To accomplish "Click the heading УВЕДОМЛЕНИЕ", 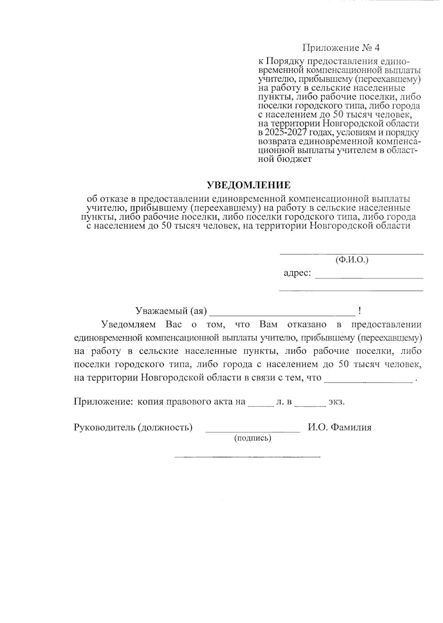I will pos(248,185).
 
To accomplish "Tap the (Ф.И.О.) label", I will pos(352,260).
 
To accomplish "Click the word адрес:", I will pos(297,273).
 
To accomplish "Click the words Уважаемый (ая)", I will pos(171,311).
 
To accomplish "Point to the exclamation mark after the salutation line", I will pos(359,311).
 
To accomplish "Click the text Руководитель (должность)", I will pos(133,427).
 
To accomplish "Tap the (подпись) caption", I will pos(253,438).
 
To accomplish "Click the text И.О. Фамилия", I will pos(340,427).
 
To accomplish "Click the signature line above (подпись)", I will pos(253,431).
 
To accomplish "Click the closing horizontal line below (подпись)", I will pos(247,457).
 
